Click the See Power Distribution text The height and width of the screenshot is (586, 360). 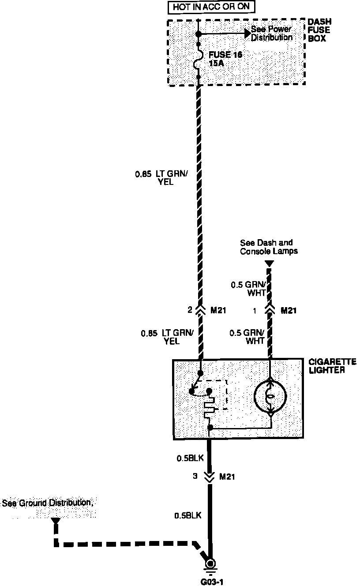271,34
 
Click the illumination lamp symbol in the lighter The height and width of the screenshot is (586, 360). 270,396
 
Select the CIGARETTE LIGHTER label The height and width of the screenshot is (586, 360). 326,366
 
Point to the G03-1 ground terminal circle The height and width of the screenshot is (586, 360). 210,565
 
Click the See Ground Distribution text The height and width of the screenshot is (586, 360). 48,503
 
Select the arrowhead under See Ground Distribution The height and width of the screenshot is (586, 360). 55,521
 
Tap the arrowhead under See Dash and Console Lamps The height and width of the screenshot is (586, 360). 269,264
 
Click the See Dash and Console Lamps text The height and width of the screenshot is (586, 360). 269,247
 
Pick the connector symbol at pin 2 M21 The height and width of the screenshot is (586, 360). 200,310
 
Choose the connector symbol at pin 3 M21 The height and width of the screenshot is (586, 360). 210,476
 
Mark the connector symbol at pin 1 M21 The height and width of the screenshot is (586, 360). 269,310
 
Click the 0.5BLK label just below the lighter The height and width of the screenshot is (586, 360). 190,458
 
